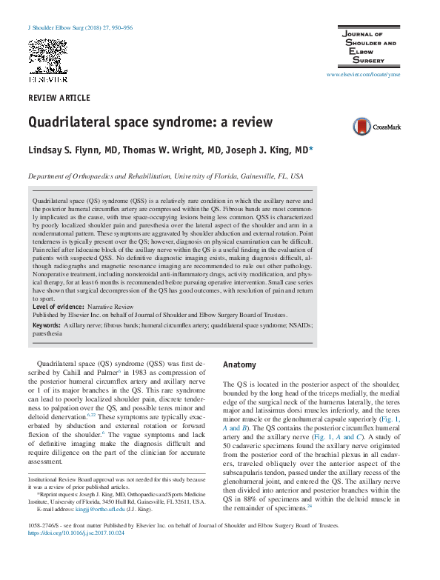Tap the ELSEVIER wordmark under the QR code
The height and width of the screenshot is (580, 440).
(x=47, y=79)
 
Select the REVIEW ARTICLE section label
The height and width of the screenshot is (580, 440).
(x=59, y=99)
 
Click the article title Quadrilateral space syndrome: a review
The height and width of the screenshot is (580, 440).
(x=150, y=122)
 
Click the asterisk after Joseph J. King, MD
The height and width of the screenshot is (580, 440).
(x=311, y=149)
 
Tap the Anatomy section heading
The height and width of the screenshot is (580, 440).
(x=239, y=365)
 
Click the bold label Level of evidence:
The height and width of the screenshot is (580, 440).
(x=60, y=306)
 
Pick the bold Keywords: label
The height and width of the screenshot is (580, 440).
(x=47, y=325)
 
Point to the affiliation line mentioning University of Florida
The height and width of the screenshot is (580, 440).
(x=165, y=178)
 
